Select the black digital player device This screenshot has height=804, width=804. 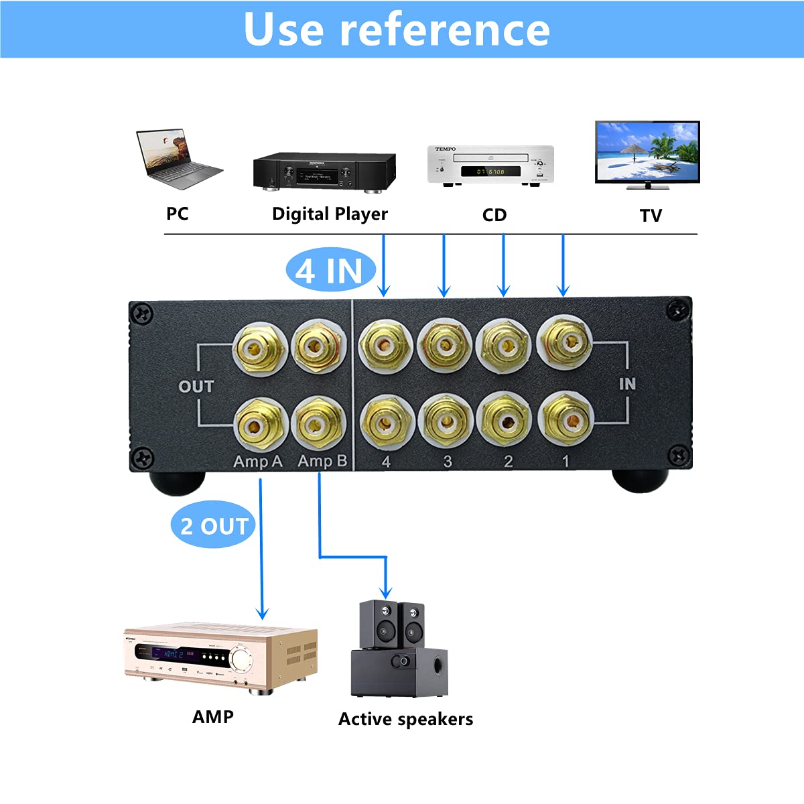(324, 173)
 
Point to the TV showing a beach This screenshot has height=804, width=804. (647, 153)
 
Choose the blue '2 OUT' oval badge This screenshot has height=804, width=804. (214, 526)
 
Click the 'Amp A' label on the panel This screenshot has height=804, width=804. (257, 462)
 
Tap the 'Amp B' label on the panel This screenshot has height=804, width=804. (322, 461)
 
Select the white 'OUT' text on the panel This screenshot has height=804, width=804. (196, 387)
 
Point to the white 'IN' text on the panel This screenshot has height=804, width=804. (627, 384)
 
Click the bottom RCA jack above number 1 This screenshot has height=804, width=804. (565, 420)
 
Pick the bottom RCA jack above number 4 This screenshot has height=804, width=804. (385, 422)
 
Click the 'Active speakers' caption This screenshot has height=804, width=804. (405, 719)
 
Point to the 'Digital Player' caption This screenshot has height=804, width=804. (330, 214)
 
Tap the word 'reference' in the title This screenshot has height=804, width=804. (445, 29)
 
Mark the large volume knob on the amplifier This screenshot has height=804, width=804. (241, 657)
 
